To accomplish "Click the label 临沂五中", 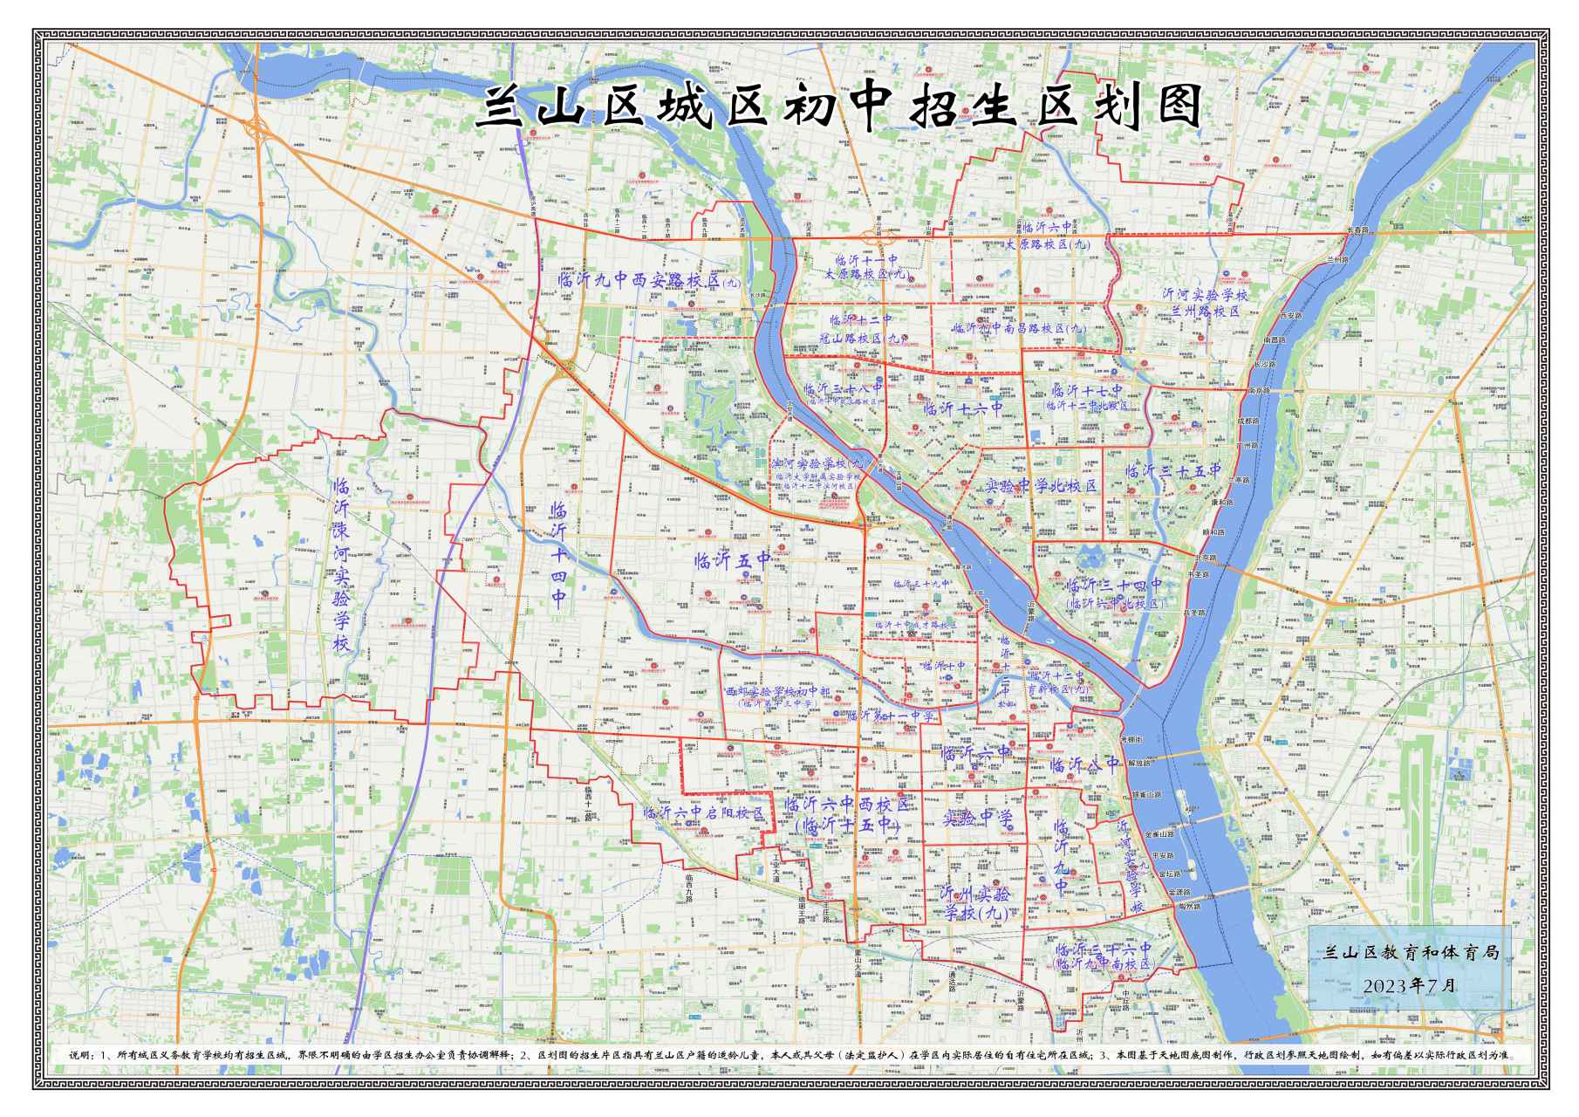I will [731, 560].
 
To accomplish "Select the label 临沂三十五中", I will [1172, 472].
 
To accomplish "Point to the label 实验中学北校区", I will [1041, 486].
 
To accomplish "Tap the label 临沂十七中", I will [1087, 390].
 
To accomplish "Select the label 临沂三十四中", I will [1114, 586].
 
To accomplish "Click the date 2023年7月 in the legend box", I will [1409, 985].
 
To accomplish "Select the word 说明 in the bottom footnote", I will [79, 1055].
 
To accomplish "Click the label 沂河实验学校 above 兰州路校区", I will [1205, 295].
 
